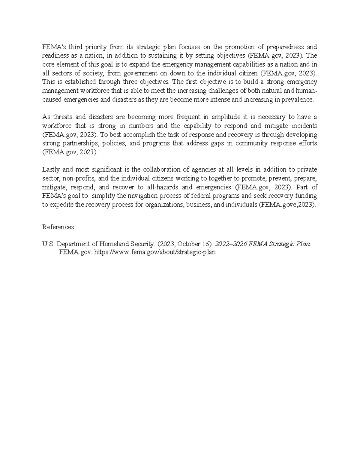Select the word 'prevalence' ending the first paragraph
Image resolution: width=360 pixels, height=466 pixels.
[x=297, y=99]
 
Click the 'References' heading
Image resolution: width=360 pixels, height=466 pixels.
[x=58, y=227]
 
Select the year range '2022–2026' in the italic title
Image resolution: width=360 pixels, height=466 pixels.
[x=231, y=244]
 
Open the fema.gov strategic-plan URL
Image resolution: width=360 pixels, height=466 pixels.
[x=155, y=252]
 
